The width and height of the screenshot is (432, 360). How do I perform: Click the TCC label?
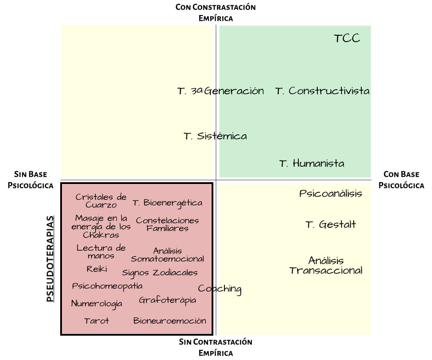click(347, 38)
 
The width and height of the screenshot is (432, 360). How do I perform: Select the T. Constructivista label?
click(322, 91)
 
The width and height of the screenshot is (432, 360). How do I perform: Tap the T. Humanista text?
click(312, 163)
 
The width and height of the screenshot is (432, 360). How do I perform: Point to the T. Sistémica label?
click(215, 136)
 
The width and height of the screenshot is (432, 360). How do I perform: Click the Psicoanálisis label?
click(331, 193)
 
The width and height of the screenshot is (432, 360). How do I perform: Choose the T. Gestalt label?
click(331, 224)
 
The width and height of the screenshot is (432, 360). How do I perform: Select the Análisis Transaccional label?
click(326, 265)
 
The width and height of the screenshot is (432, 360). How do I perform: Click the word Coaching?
click(220, 289)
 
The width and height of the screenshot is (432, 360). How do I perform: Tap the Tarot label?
click(96, 321)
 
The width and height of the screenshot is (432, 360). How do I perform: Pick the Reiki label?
click(97, 268)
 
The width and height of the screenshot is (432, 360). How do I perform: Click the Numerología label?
click(97, 303)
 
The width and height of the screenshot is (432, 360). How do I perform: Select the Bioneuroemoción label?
click(170, 321)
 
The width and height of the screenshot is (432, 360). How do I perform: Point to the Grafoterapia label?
click(167, 300)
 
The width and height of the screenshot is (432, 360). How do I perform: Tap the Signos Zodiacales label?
click(160, 272)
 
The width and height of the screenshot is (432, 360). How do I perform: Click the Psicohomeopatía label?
click(108, 286)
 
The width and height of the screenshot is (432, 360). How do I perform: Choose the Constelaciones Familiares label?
click(167, 224)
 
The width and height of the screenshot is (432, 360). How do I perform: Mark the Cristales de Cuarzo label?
click(101, 201)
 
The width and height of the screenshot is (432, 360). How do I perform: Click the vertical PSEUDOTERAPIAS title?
click(50, 259)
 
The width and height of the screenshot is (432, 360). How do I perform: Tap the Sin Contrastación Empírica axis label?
click(216, 347)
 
